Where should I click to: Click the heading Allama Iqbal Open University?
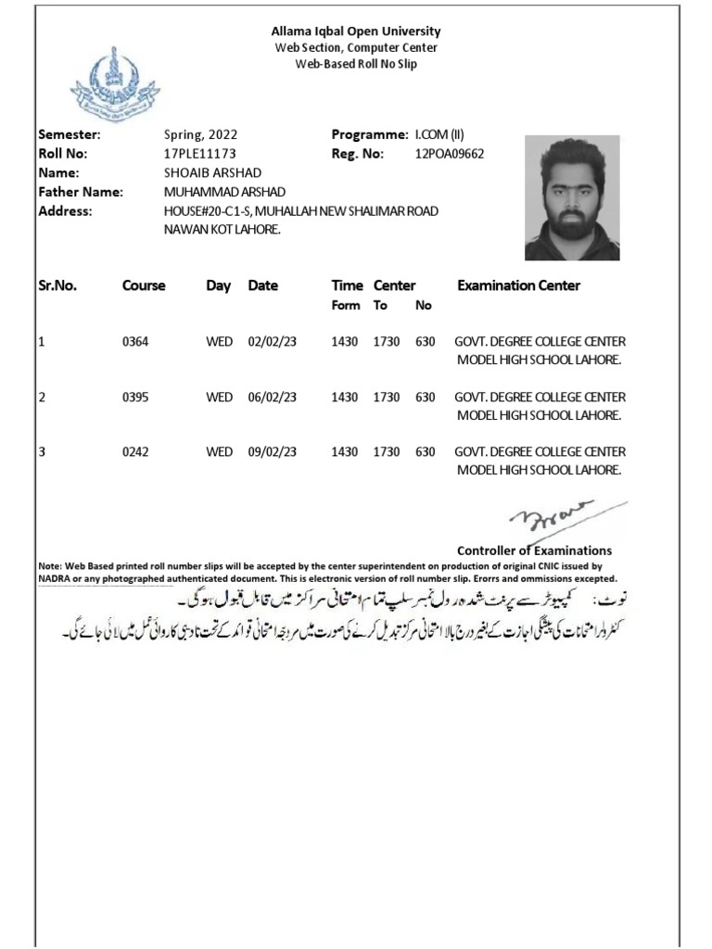(x=356, y=32)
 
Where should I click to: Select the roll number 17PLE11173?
(x=199, y=154)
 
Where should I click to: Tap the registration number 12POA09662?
(x=450, y=154)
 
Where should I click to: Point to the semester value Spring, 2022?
(x=195, y=135)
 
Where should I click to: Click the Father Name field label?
(x=80, y=192)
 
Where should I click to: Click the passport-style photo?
(x=572, y=198)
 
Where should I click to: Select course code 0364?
(x=135, y=342)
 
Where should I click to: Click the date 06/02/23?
(x=273, y=398)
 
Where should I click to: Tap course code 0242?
(x=135, y=452)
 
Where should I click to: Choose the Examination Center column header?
(x=518, y=285)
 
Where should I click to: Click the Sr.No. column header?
(x=57, y=285)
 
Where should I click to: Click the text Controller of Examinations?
(x=534, y=550)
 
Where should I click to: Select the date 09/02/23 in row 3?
(x=273, y=452)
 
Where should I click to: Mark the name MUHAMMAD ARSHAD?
(x=225, y=192)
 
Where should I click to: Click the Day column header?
(x=218, y=285)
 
